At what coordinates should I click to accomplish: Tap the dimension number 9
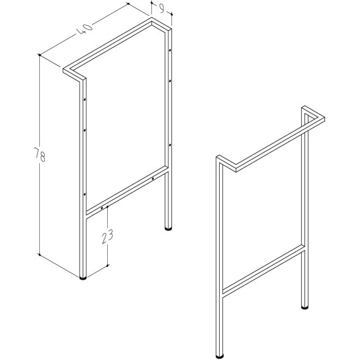(x=162, y=9)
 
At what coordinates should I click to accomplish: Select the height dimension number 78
(x=39, y=155)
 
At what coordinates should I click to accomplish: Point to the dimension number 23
(x=108, y=236)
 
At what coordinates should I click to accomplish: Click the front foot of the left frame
(x=83, y=278)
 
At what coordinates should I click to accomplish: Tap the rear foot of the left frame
(x=168, y=228)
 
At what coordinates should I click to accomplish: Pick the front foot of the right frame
(x=220, y=356)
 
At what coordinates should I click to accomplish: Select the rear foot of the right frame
(x=305, y=307)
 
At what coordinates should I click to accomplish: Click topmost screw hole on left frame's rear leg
(x=170, y=50)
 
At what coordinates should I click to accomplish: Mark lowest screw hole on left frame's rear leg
(x=170, y=145)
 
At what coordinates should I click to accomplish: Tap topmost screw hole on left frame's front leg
(x=84, y=100)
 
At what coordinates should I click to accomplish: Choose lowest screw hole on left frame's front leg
(x=84, y=195)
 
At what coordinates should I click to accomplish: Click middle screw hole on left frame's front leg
(x=84, y=130)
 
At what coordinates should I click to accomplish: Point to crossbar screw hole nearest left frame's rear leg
(x=152, y=179)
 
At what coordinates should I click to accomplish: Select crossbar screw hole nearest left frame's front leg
(x=102, y=208)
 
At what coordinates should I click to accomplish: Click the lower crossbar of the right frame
(x=264, y=271)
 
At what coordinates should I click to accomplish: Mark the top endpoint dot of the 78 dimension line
(x=40, y=55)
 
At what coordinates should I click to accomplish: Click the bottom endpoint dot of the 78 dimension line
(x=39, y=255)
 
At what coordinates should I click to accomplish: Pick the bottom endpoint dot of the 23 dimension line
(x=108, y=266)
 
